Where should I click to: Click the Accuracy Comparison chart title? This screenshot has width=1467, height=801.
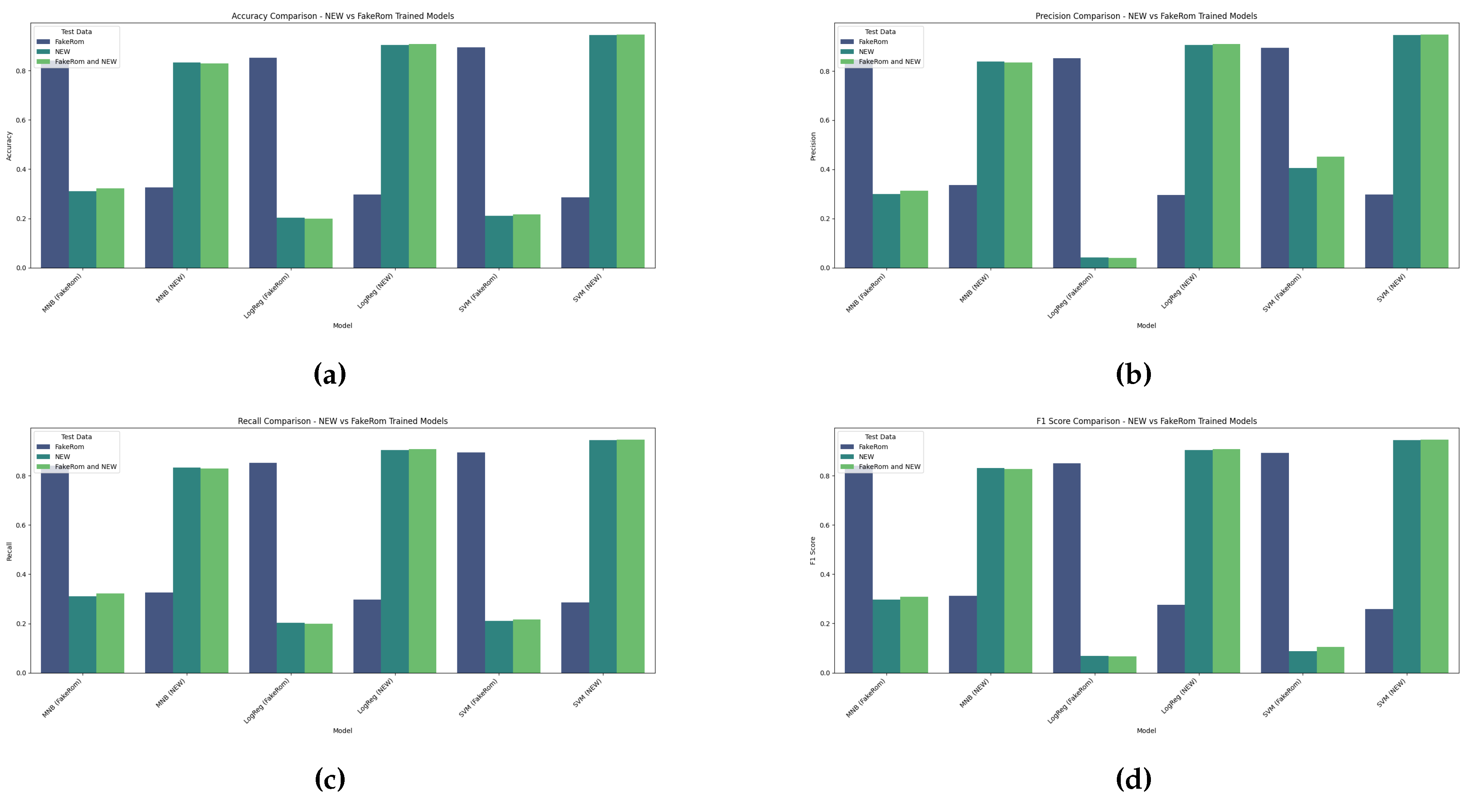tap(342, 16)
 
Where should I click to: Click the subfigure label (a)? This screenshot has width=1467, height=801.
tap(330, 374)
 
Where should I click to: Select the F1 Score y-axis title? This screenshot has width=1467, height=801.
tap(813, 551)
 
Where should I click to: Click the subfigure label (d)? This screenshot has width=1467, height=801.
tap(1133, 779)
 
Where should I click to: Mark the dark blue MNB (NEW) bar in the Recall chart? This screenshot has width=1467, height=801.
tap(159, 633)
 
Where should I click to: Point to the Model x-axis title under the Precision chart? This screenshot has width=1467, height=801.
tap(1146, 326)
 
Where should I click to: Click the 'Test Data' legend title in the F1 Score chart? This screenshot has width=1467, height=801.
tap(880, 437)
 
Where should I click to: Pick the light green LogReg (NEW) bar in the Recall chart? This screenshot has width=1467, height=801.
tap(422, 561)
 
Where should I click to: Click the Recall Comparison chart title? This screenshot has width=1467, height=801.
tap(342, 421)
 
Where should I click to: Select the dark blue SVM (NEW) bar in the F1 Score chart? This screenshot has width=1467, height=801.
tap(1378, 640)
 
